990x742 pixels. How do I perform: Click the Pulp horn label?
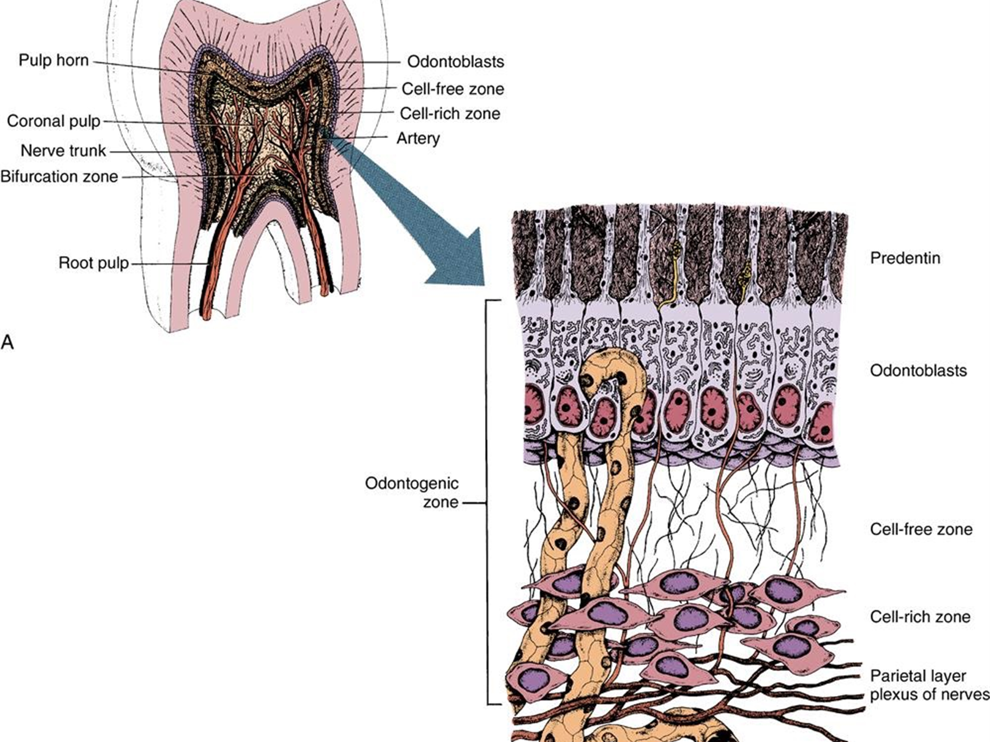tap(54, 61)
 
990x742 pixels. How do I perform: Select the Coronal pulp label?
tap(54, 121)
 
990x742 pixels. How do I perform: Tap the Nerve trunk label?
tap(63, 151)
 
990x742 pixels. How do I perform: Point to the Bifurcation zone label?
tap(59, 177)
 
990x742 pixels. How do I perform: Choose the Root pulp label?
tap(94, 263)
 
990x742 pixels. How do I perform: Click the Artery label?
tap(418, 138)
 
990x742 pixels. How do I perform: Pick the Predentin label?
tap(905, 258)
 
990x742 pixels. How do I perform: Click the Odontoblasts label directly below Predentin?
tap(918, 371)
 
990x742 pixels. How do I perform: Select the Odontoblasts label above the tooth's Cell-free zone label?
tap(455, 62)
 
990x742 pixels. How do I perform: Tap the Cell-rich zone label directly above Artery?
tap(449, 114)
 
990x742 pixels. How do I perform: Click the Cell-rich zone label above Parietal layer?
tap(920, 617)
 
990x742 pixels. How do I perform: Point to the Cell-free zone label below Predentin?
tap(921, 529)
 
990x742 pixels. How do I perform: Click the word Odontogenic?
tap(411, 483)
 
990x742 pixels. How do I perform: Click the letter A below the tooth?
tap(8, 343)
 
